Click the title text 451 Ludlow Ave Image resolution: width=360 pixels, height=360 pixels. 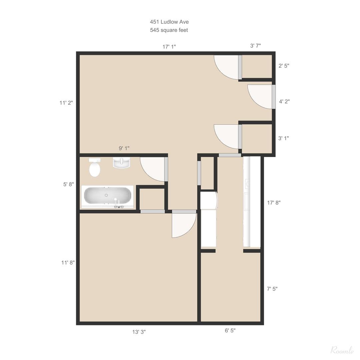169,22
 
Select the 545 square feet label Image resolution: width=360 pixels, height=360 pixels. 169,30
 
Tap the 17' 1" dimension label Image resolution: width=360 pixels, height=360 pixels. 169,47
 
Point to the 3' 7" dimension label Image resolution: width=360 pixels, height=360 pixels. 256,46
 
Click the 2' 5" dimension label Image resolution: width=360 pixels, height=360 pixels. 284,66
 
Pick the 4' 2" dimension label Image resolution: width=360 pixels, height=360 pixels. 284,102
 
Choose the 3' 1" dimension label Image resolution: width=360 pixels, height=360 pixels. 284,138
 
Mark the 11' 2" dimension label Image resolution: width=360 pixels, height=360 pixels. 66,103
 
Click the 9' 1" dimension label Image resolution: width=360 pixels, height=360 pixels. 124,148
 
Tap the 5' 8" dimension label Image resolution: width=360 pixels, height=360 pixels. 69,184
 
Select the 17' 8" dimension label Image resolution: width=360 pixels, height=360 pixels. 274,202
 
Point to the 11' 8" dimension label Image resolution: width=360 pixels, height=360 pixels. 68,263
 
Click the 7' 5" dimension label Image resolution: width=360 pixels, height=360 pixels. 272,289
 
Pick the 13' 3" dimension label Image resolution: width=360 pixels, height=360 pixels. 139,332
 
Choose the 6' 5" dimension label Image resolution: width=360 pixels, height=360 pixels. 230,331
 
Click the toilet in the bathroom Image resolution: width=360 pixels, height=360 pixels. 95,168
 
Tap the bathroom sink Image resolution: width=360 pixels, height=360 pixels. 121,163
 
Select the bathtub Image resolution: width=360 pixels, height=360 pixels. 107,196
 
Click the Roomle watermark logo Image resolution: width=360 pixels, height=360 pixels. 342,350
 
